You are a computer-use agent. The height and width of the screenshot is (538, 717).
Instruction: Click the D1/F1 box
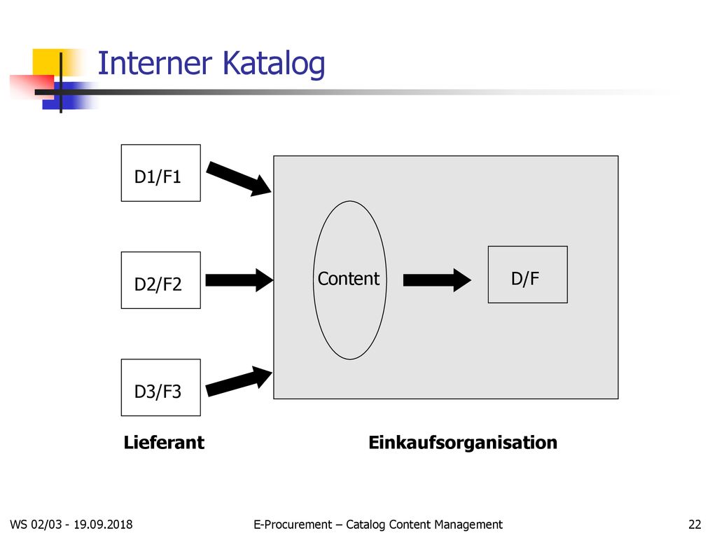(160, 173)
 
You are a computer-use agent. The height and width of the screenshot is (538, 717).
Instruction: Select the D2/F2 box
(160, 280)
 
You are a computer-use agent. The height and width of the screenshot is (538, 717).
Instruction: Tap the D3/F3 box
(160, 387)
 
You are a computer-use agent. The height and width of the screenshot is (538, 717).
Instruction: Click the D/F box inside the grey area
(528, 275)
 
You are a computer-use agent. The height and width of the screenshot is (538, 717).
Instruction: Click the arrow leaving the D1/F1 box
(239, 179)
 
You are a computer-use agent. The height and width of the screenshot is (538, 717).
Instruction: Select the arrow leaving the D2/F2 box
(239, 280)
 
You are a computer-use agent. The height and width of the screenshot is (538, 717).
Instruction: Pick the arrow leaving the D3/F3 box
(239, 381)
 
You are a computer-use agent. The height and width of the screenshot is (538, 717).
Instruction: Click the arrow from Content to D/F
(437, 280)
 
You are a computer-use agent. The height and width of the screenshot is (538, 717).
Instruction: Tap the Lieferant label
(164, 443)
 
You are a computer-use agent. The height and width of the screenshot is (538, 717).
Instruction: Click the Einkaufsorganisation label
(463, 443)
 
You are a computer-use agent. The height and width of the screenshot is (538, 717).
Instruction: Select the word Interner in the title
(155, 63)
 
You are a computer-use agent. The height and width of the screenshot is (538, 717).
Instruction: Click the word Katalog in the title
(274, 64)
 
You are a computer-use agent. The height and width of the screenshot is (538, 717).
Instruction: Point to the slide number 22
(695, 524)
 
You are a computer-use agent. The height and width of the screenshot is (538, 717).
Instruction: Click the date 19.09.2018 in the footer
(103, 524)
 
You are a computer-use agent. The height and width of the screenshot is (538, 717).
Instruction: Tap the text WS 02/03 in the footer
(36, 524)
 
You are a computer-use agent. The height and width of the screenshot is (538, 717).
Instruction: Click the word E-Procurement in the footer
(293, 524)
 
